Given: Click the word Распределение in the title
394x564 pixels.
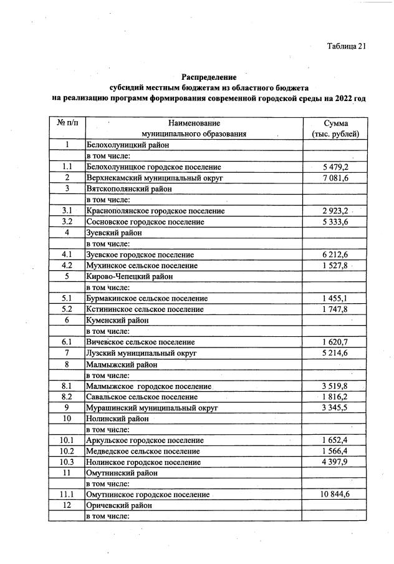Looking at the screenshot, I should pos(209,77).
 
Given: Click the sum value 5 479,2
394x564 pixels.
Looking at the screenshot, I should pos(335,167).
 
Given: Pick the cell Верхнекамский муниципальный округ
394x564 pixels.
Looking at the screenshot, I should pos(155,178).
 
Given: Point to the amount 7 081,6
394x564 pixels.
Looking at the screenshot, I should pos(335,178).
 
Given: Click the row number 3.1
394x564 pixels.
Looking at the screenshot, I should pos(67,211).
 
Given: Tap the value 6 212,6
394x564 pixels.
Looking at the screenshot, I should pos(335,255).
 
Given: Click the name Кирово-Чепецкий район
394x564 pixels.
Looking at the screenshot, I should pos(129,276).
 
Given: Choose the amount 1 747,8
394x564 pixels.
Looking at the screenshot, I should pos(335,309).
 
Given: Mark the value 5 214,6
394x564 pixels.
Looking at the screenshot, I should pos(335,353).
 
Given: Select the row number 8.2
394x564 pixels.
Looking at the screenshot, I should pos(67,397).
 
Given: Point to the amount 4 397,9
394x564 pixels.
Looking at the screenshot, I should pos(335,462).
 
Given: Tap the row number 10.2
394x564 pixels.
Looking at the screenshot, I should pos(67,451).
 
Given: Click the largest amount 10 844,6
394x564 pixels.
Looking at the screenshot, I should pos(335,495).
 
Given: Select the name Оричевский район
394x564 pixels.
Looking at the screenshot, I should pos(119,505).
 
